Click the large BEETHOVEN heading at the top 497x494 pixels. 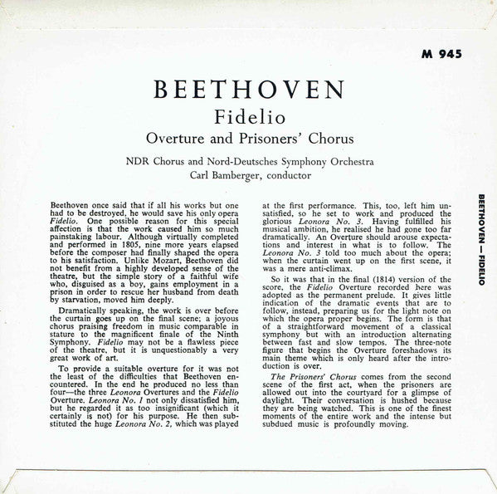click(249, 90)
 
